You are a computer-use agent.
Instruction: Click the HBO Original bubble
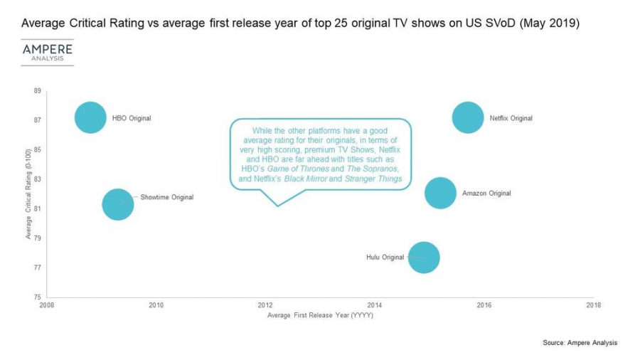click(90, 118)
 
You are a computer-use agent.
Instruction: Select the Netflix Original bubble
click(467, 118)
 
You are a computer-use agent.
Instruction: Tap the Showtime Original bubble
click(118, 204)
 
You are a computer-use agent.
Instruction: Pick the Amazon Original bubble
click(440, 193)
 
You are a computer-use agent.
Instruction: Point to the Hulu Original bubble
click(424, 258)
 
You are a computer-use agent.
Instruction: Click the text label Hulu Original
click(385, 257)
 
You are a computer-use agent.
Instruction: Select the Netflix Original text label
click(511, 118)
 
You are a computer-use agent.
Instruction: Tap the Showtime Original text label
click(167, 197)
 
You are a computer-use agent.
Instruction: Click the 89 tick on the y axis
click(38, 91)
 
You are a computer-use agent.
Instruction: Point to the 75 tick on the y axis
click(38, 297)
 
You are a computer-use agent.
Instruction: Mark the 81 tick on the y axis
click(38, 208)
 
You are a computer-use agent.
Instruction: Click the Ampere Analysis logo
click(47, 51)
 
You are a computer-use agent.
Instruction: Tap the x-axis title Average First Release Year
click(320, 315)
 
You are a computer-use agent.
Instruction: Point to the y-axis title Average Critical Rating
click(28, 194)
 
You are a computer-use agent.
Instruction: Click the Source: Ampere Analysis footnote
click(580, 343)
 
